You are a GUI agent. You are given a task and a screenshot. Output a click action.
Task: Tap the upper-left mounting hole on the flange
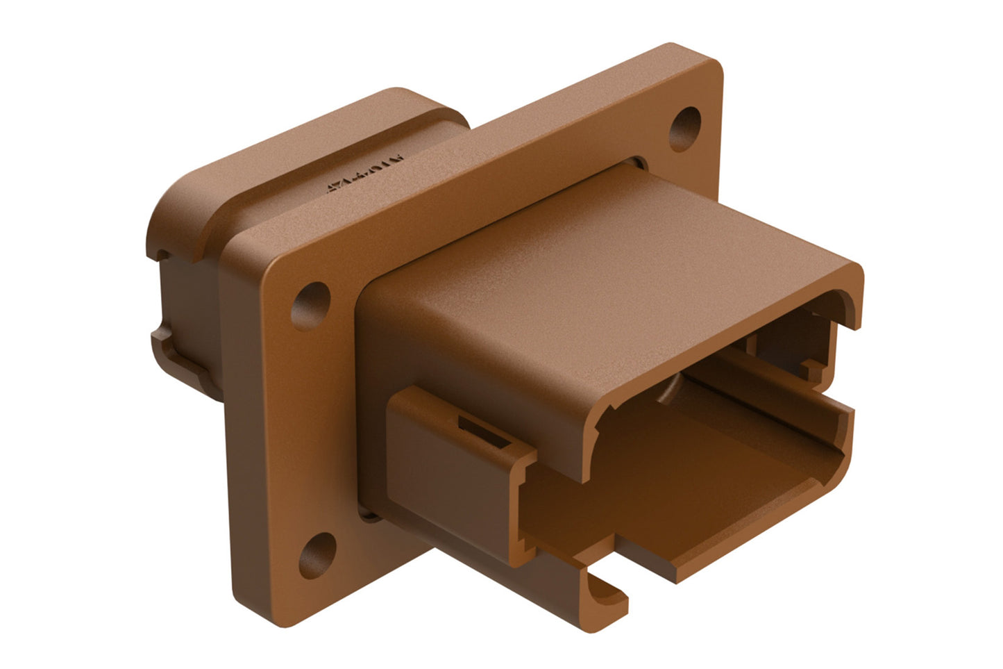311,303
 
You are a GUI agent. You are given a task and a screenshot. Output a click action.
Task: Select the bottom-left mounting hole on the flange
317,554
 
